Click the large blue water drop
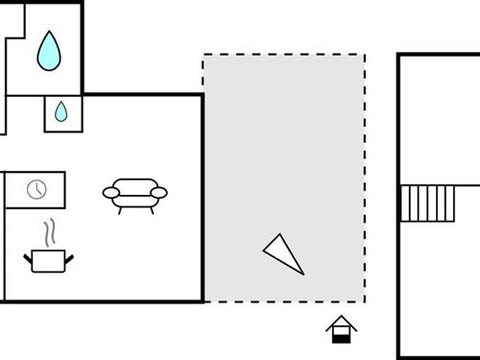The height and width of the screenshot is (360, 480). [48, 51]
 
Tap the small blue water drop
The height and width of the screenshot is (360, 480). [61, 112]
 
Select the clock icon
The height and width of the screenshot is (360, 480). [36, 189]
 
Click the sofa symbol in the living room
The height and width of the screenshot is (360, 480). [134, 194]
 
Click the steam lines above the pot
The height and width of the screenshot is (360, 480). [50, 233]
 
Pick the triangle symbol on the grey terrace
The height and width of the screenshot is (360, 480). [283, 253]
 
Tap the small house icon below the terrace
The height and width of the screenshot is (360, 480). [341, 330]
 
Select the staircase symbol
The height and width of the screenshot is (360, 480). [427, 203]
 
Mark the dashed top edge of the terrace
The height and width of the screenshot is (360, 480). [283, 55]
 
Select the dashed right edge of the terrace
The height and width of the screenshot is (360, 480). [365, 178]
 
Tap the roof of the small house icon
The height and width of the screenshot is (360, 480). [341, 323]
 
